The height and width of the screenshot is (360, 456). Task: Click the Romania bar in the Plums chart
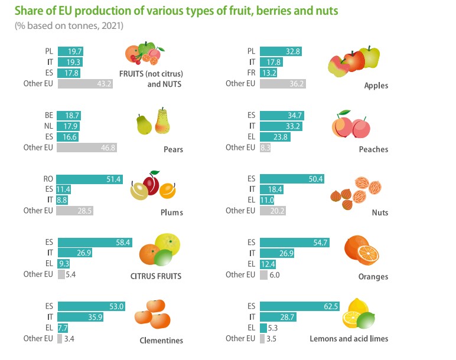[x=89, y=179]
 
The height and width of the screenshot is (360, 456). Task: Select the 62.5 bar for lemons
[x=300, y=306]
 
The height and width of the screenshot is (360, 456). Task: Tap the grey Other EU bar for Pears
[x=87, y=148]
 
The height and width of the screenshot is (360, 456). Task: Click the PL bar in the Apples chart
[x=281, y=51]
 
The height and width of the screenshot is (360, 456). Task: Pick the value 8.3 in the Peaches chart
[x=265, y=148]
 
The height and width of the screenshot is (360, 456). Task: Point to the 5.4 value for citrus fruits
[x=71, y=274]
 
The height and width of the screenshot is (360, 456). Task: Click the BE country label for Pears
[x=49, y=115]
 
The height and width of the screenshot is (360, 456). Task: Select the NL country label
[x=48, y=126]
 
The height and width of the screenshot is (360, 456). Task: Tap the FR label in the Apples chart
[x=251, y=73]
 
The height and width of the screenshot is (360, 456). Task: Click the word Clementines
[x=161, y=341]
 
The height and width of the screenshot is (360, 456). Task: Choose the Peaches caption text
[x=373, y=149]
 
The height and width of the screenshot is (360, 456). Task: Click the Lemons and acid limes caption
[x=348, y=339]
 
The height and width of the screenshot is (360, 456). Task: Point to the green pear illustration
[x=144, y=125]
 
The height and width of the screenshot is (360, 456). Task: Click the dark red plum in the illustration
[x=151, y=185]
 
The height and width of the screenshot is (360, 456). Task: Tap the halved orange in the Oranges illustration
[x=368, y=255]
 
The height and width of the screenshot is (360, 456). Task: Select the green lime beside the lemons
[x=366, y=320]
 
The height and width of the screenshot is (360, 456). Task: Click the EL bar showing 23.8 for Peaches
[x=275, y=137]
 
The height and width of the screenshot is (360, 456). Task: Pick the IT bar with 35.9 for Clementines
[x=80, y=317]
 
